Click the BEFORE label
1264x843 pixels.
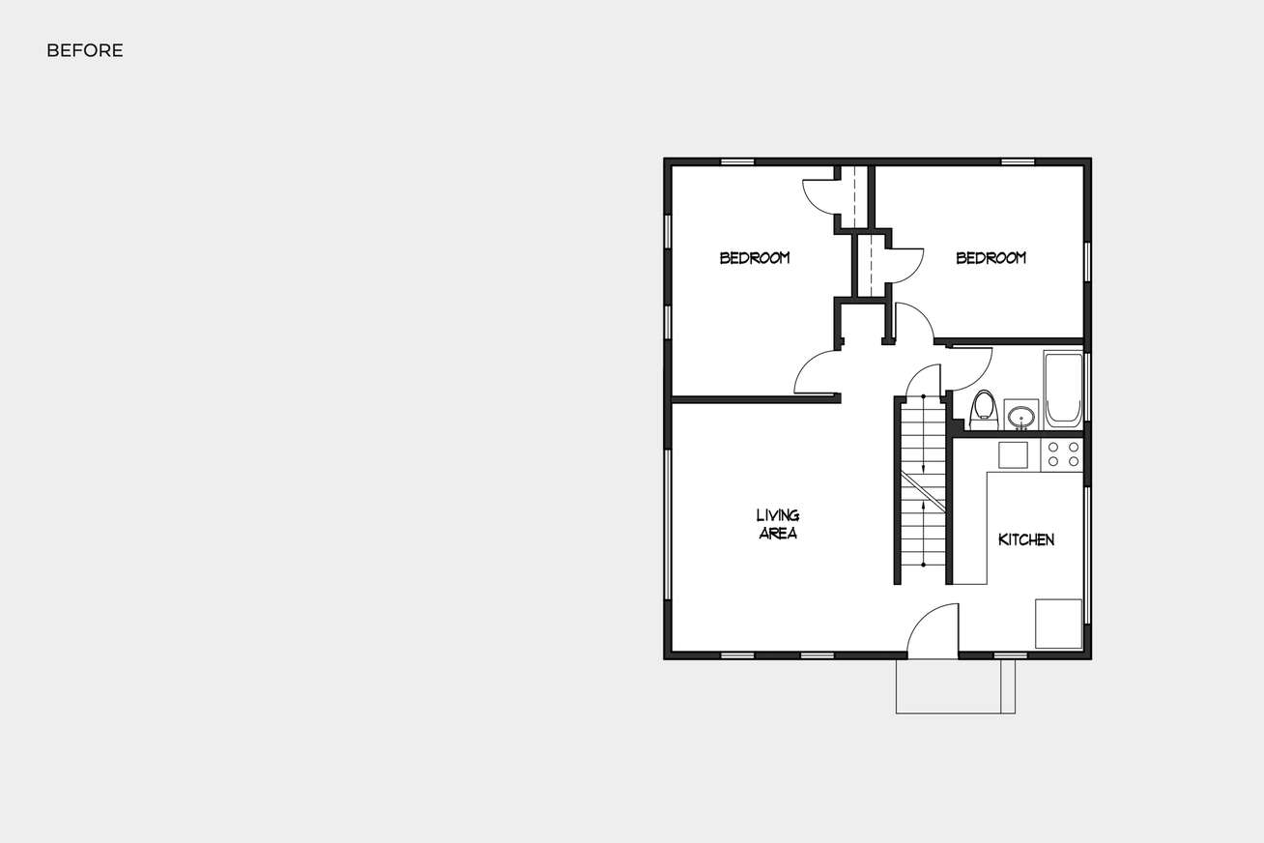tap(85, 51)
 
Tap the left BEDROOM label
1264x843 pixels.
tap(755, 258)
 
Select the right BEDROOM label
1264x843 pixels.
tap(991, 258)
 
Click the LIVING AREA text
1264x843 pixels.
tap(778, 524)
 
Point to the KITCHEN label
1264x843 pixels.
tap(1025, 539)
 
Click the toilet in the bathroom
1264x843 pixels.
tap(984, 410)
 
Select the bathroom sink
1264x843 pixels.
tap(1020, 417)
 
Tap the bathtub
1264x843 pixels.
tap(1063, 390)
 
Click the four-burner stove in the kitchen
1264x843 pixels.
tap(1062, 455)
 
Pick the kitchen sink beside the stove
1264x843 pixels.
tap(1013, 455)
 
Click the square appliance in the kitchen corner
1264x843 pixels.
tap(1058, 624)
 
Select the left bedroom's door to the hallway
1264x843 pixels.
tap(818, 373)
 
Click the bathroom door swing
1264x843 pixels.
tap(968, 365)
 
